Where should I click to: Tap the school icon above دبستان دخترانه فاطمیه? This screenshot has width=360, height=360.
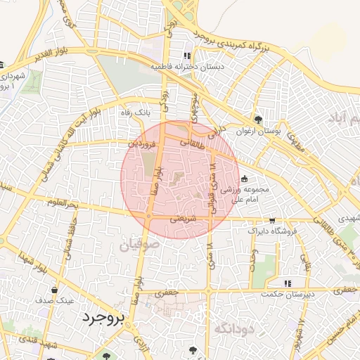coord(186,56)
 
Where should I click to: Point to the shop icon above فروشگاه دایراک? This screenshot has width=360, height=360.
coord(271,220)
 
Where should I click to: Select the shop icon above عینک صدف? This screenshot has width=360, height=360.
coord(54,288)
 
